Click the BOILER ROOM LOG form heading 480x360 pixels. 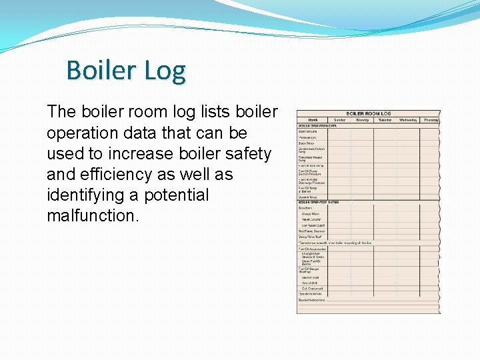pyautogui.click(x=368, y=114)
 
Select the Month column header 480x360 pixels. pyautogui.click(x=313, y=120)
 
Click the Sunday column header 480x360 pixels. pyautogui.click(x=340, y=120)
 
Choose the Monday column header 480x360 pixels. pyautogui.click(x=362, y=120)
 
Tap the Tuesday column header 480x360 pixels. pyautogui.click(x=385, y=120)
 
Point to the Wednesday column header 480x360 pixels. pyautogui.click(x=407, y=120)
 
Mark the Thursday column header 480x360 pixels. pyautogui.click(x=430, y=120)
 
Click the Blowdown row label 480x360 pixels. pyautogui.click(x=306, y=207)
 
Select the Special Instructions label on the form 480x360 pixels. pyautogui.click(x=312, y=300)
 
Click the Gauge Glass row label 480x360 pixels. pyautogui.click(x=311, y=213)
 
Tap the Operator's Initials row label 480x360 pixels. pyautogui.click(x=311, y=294)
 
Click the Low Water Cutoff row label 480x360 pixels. pyautogui.click(x=313, y=225)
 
